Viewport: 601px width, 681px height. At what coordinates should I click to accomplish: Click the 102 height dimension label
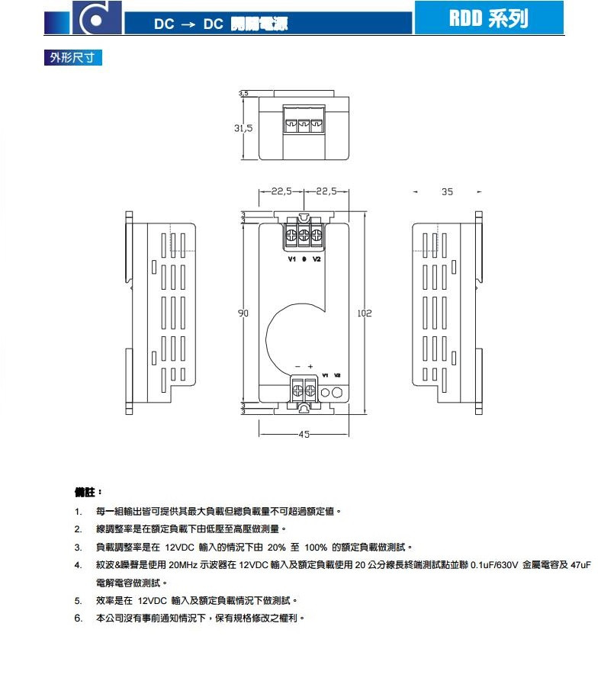364,313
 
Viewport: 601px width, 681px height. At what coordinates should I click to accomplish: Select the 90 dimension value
243,313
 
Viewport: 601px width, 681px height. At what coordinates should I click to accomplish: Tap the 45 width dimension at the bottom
304,435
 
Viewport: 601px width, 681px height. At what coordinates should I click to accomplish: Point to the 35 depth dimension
447,191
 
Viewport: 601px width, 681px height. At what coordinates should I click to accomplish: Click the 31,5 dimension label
243,128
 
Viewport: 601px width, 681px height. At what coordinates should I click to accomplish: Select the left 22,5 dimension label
281,191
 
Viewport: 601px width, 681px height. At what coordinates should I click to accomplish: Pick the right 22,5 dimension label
326,191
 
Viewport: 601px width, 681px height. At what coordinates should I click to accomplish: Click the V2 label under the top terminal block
317,259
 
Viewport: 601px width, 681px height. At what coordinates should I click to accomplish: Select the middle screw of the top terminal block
304,236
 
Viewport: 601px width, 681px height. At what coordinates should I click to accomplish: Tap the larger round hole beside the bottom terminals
338,392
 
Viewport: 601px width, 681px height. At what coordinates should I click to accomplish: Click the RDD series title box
489,18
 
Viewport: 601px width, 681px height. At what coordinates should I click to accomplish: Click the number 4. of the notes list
78,566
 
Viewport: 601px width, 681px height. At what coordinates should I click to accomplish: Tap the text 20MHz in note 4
183,566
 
